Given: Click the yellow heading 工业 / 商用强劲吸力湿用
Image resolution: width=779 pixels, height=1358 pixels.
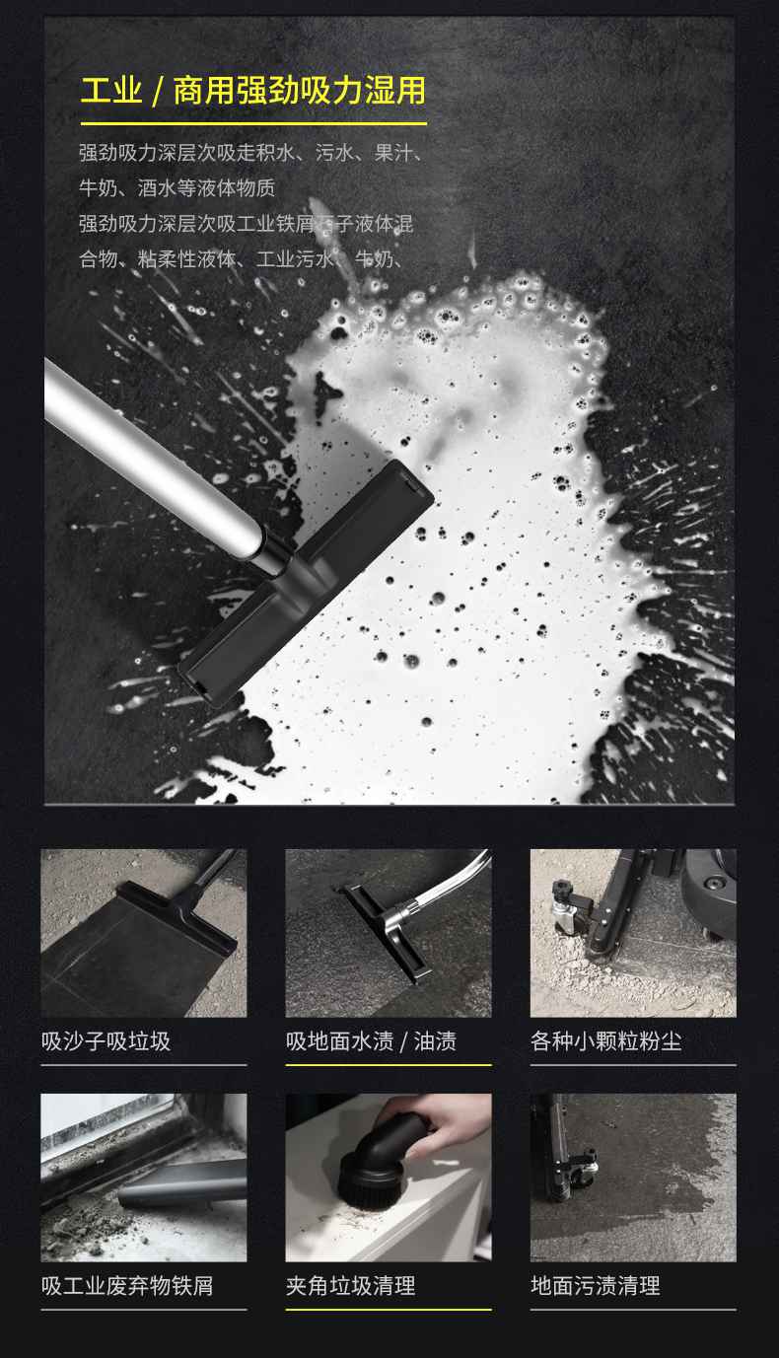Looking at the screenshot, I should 252,92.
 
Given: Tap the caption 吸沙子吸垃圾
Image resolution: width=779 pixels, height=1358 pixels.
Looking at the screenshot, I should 106,1041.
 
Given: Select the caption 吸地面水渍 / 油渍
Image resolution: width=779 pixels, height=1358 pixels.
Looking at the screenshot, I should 371,1041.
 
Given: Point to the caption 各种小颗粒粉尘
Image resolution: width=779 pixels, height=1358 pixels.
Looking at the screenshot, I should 605,1041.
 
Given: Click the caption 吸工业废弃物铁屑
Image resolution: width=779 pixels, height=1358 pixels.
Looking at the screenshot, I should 127,1286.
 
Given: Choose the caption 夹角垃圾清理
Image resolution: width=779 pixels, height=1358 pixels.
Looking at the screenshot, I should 350,1286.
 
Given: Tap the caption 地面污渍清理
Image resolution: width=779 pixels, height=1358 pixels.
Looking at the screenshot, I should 595,1286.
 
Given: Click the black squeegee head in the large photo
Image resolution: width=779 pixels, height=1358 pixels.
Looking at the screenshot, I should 306,582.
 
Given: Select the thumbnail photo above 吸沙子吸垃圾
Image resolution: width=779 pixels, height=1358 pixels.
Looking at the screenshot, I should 144,933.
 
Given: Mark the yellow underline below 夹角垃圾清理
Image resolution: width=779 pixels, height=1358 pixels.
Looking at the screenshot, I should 389,1310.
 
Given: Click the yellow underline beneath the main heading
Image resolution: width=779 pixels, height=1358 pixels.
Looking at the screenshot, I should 253,124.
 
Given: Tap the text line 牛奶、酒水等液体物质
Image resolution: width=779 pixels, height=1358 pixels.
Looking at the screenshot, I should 177,188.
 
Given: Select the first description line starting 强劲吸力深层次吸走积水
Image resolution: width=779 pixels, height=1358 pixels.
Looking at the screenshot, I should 251,153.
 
